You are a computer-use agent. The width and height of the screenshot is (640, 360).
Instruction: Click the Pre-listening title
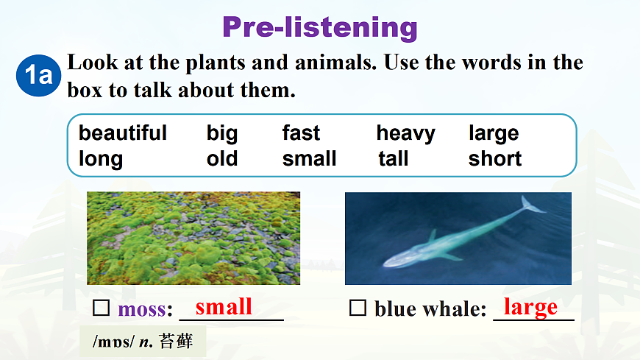pyautogui.click(x=320, y=28)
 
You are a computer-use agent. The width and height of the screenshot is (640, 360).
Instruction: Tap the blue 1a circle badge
pyautogui.click(x=38, y=75)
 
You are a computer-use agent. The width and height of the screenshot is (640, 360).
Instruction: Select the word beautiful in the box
pyautogui.click(x=122, y=133)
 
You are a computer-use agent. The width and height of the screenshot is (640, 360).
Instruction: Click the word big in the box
pyautogui.click(x=221, y=134)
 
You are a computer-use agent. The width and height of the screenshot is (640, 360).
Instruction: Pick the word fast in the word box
pyautogui.click(x=301, y=133)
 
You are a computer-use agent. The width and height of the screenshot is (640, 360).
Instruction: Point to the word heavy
pyautogui.click(x=406, y=134)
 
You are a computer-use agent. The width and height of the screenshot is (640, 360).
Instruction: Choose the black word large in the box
pyautogui.click(x=494, y=134)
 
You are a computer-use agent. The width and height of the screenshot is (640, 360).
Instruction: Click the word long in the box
pyautogui.click(x=100, y=159)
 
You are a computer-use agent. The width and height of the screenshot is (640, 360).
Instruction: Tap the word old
pyautogui.click(x=221, y=158)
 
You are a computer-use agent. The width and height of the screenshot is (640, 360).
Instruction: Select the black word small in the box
pyautogui.click(x=309, y=158)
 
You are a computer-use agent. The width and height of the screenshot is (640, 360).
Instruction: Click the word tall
pyautogui.click(x=393, y=158)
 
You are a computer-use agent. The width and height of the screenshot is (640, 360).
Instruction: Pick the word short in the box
pyautogui.click(x=494, y=158)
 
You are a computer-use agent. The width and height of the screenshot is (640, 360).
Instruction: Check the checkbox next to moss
pyautogui.click(x=101, y=308)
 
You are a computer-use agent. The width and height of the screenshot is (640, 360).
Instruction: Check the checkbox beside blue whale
pyautogui.click(x=358, y=308)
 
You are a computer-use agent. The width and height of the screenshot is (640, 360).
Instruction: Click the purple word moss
pyautogui.click(x=143, y=309)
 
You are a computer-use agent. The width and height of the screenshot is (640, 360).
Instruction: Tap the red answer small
pyautogui.click(x=224, y=306)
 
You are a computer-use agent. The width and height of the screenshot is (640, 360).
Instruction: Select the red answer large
pyautogui.click(x=530, y=307)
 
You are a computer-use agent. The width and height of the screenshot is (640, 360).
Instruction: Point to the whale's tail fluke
pyautogui.click(x=533, y=205)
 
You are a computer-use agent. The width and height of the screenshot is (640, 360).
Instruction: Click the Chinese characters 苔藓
pyautogui.click(x=176, y=341)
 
